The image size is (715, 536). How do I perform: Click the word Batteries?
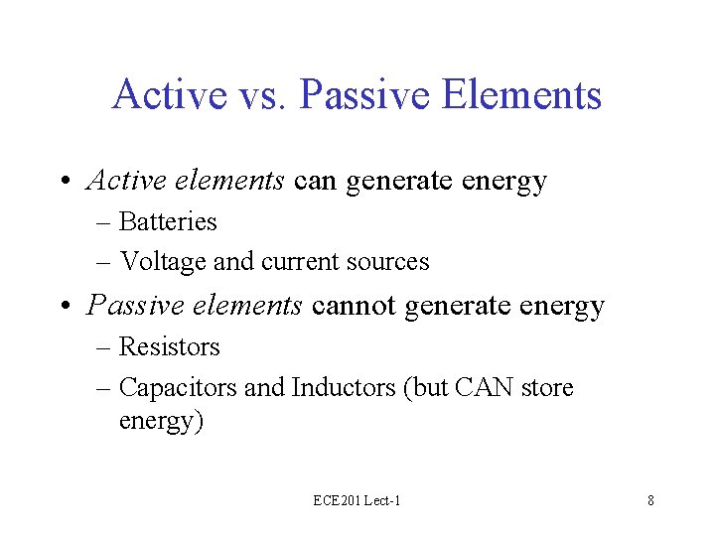(x=167, y=221)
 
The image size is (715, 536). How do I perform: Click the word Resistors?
(x=169, y=346)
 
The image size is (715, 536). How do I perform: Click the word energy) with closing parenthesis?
(x=161, y=421)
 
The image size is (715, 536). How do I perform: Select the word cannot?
(x=354, y=306)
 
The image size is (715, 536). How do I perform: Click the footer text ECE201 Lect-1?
(x=357, y=501)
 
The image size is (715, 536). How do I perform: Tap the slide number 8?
(x=650, y=501)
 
